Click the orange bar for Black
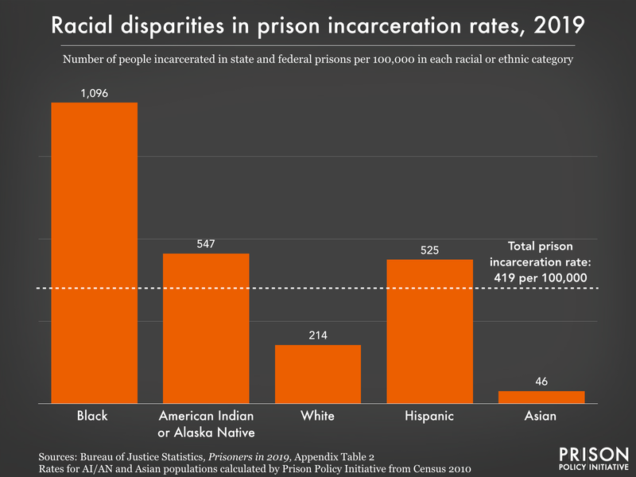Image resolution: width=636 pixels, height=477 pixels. pyautogui.click(x=95, y=253)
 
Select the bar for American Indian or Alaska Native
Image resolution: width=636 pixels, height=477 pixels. pyautogui.click(x=206, y=328)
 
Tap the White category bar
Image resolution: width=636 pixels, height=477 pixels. pyautogui.click(x=318, y=374)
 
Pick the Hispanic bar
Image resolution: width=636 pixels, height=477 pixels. pyautogui.click(x=429, y=332)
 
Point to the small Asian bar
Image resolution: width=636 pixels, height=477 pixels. pyautogui.click(x=541, y=397)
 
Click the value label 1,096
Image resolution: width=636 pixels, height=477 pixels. pyautogui.click(x=95, y=93)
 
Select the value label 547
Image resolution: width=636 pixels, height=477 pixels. pyautogui.click(x=206, y=243)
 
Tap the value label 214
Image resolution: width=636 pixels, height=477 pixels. pyautogui.click(x=318, y=335)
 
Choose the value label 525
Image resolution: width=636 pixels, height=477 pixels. pyautogui.click(x=429, y=250)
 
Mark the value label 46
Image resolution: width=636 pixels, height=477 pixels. pyautogui.click(x=541, y=381)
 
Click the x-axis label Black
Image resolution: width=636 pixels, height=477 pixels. pyautogui.click(x=95, y=416)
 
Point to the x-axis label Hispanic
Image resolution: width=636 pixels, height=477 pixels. pyautogui.click(x=429, y=416)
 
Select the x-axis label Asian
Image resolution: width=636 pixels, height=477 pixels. pyautogui.click(x=541, y=416)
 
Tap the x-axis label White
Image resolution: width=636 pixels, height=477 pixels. pyautogui.click(x=318, y=416)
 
